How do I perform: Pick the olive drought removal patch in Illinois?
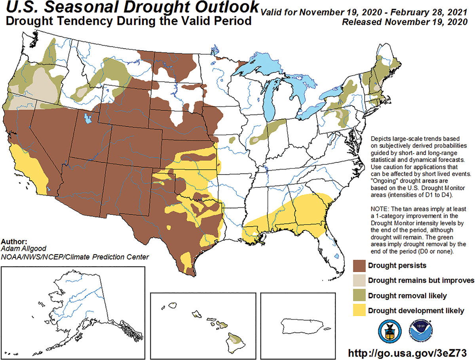(269, 131)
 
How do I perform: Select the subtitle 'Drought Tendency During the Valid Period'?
(128, 21)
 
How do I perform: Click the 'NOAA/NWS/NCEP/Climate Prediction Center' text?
(75, 257)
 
